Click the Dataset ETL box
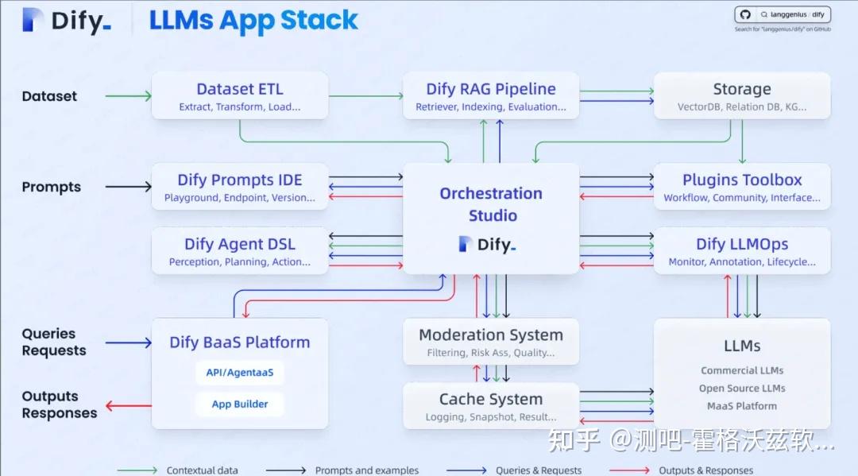pos(239,96)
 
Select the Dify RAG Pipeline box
pos(490,96)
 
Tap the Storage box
pos(741,96)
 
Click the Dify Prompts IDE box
pos(239,187)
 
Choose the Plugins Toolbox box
pos(741,187)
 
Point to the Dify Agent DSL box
pos(239,251)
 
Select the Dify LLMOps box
pos(741,251)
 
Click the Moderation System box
pos(490,342)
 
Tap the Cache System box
pos(490,406)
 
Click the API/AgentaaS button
pos(239,372)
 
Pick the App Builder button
pos(239,404)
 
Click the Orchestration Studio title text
pos(491,204)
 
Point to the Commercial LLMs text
pos(741,370)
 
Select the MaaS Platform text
pos(741,406)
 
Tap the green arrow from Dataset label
pos(127,96)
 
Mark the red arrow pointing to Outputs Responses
pos(128,406)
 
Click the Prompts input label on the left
pos(52,187)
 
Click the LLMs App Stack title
pos(253,21)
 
